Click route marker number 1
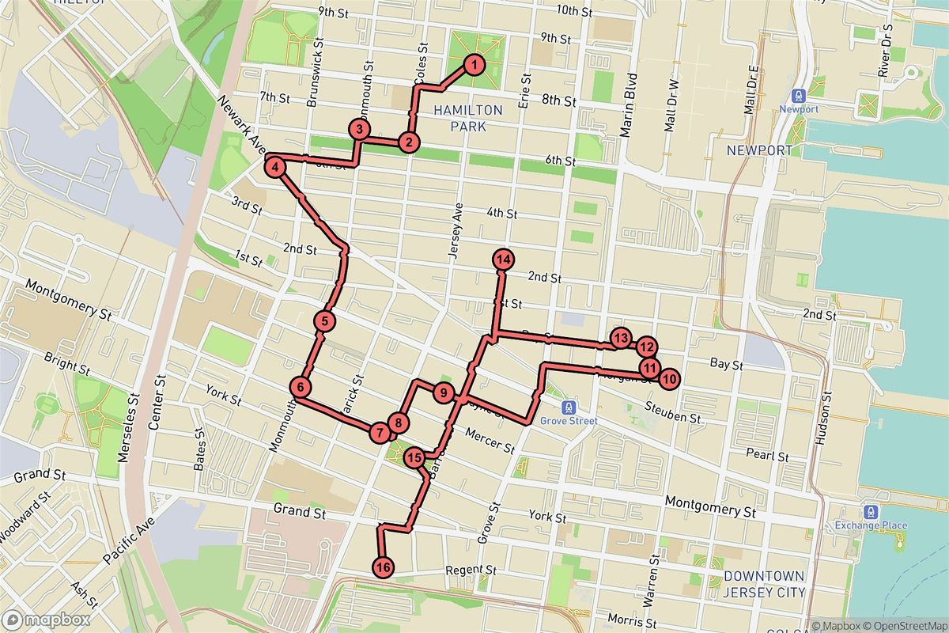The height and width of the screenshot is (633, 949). tap(472, 65)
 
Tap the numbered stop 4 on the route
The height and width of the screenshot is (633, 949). tap(274, 167)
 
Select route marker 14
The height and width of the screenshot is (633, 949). tap(503, 259)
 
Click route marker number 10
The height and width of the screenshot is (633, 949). tap(669, 379)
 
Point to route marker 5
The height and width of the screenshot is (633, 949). tap(324, 320)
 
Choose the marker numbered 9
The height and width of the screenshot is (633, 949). tap(442, 392)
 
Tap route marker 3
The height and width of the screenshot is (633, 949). tap(359, 129)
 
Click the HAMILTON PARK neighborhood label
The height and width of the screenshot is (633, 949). tap(469, 118)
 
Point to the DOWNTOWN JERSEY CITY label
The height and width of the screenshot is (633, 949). tap(764, 584)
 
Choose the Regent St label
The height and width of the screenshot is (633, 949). tap(470, 570)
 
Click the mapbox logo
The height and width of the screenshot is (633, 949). tap(34, 620)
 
